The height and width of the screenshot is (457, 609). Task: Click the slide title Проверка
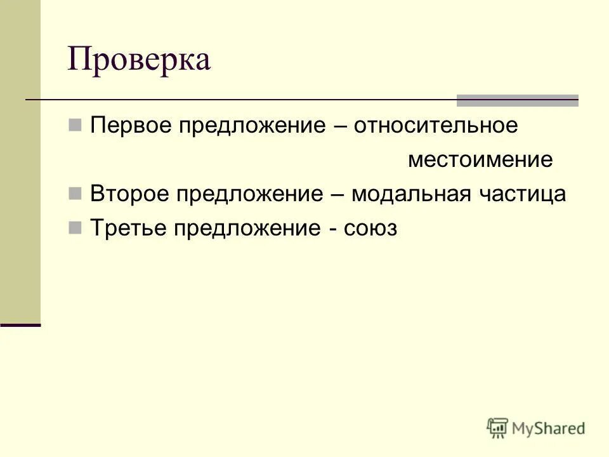tap(139, 60)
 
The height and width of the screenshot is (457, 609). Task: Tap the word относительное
tap(436, 126)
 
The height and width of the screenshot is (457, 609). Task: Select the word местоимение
tap(480, 160)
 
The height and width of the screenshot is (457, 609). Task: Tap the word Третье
tap(129, 228)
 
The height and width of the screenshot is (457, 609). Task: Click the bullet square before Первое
tap(74, 125)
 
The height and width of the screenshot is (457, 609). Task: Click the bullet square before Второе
tap(74, 194)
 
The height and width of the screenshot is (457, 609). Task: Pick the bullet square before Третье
tap(74, 228)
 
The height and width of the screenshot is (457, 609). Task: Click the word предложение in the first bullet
tap(251, 126)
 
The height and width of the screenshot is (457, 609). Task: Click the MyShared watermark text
tap(549, 428)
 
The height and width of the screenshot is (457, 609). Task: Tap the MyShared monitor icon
tap(498, 428)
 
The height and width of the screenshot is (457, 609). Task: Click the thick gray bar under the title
tap(518, 100)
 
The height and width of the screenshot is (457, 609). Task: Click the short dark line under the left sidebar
tap(20, 325)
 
